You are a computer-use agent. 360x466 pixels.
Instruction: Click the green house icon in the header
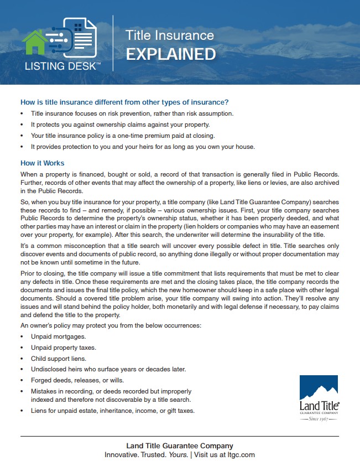[35, 42]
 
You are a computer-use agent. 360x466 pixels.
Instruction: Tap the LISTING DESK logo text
[62, 68]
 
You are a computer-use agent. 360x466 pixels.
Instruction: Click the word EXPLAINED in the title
[170, 54]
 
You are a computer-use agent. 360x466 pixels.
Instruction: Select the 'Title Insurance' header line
[169, 35]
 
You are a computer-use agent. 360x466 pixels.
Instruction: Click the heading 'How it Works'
[42, 163]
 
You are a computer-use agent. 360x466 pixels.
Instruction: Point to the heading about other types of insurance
[124, 102]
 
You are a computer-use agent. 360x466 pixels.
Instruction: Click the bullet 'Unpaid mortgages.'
[59, 336]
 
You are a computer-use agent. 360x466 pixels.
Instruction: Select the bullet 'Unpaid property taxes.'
[64, 348]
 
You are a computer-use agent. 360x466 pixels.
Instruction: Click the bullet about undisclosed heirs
[108, 369]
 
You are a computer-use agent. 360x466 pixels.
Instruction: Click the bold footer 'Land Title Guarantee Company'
[180, 446]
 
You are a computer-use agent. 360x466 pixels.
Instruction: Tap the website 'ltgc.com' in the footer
[242, 455]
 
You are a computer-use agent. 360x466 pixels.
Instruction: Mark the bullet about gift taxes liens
[113, 411]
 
